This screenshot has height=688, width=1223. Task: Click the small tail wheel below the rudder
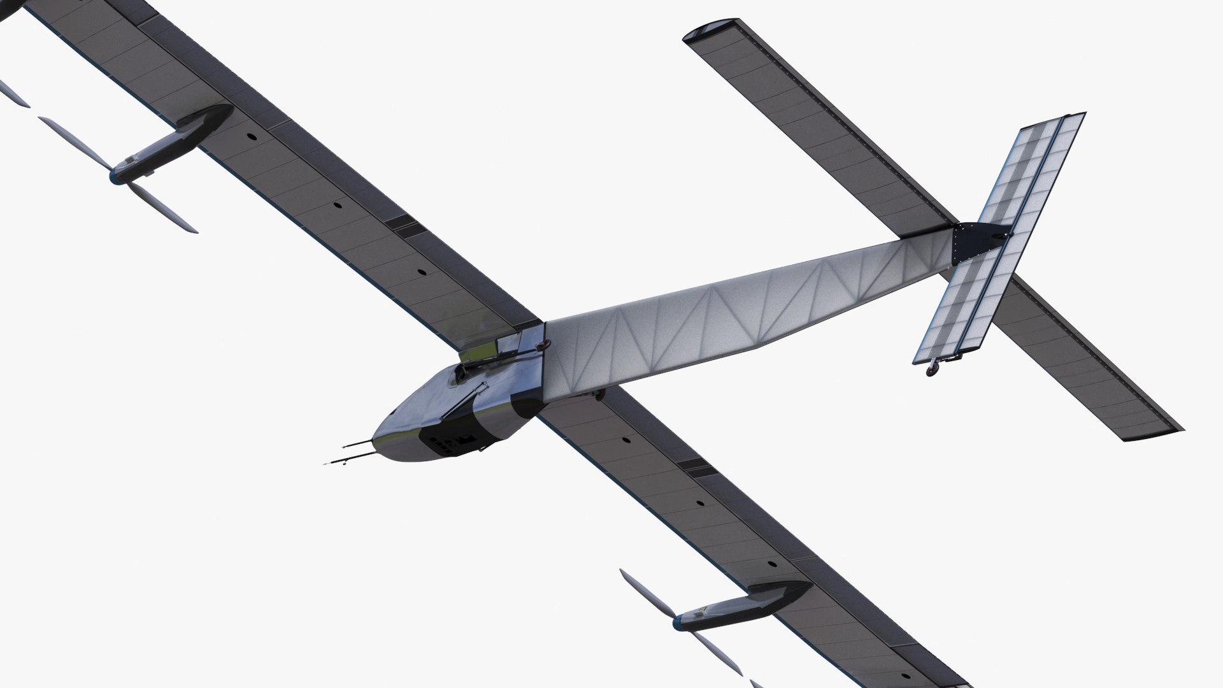coord(934,368)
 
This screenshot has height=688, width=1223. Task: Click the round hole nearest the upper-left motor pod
coord(250,137)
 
